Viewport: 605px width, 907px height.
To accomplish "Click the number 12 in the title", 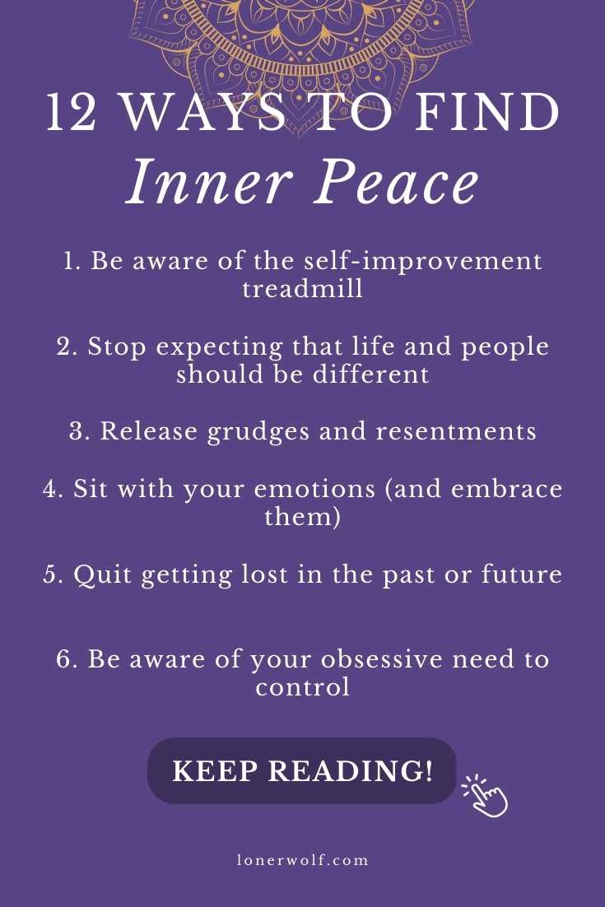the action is click(x=71, y=111).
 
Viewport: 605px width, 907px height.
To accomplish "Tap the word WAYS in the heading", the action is click(x=205, y=111).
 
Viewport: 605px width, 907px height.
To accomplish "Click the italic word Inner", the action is click(x=208, y=182).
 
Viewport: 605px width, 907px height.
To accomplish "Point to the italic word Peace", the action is click(x=397, y=182).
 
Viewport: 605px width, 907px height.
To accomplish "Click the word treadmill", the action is click(x=303, y=288).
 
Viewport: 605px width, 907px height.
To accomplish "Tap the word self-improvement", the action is click(x=423, y=262).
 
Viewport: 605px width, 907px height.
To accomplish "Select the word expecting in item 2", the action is click(x=220, y=348).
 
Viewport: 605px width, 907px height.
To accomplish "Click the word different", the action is click(x=371, y=374).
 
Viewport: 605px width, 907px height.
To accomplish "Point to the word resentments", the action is click(x=456, y=432).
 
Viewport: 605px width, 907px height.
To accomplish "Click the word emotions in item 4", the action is click(x=315, y=490).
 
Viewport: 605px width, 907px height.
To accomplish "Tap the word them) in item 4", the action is click(x=303, y=517).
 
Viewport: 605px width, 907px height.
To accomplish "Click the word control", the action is click(x=303, y=687).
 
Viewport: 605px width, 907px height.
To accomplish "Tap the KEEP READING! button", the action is click(x=302, y=770).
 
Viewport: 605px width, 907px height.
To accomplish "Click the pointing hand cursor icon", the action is click(x=485, y=796).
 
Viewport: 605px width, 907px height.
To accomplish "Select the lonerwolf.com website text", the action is click(x=303, y=860).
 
